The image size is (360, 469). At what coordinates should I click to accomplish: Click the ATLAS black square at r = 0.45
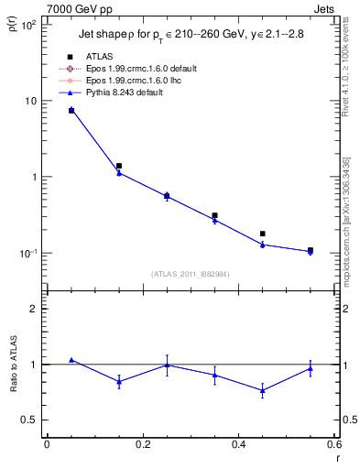point(263,234)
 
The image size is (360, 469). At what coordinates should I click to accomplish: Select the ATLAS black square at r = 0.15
point(119,166)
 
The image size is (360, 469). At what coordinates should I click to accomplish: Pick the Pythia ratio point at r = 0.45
point(263,390)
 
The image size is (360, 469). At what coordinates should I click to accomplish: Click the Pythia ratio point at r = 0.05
point(71,360)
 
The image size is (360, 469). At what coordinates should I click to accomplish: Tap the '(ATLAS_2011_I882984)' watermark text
point(191,273)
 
